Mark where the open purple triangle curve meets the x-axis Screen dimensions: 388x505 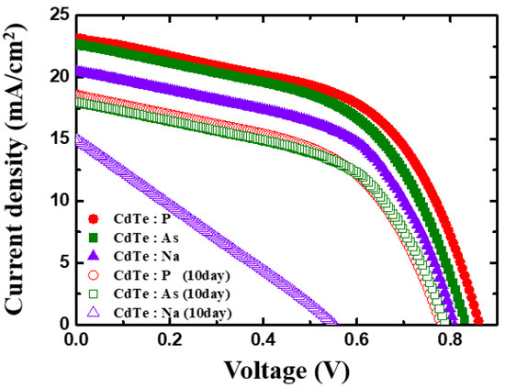pyautogui.click(x=333, y=323)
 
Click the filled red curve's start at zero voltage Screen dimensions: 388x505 pyautogui.click(x=78, y=38)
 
